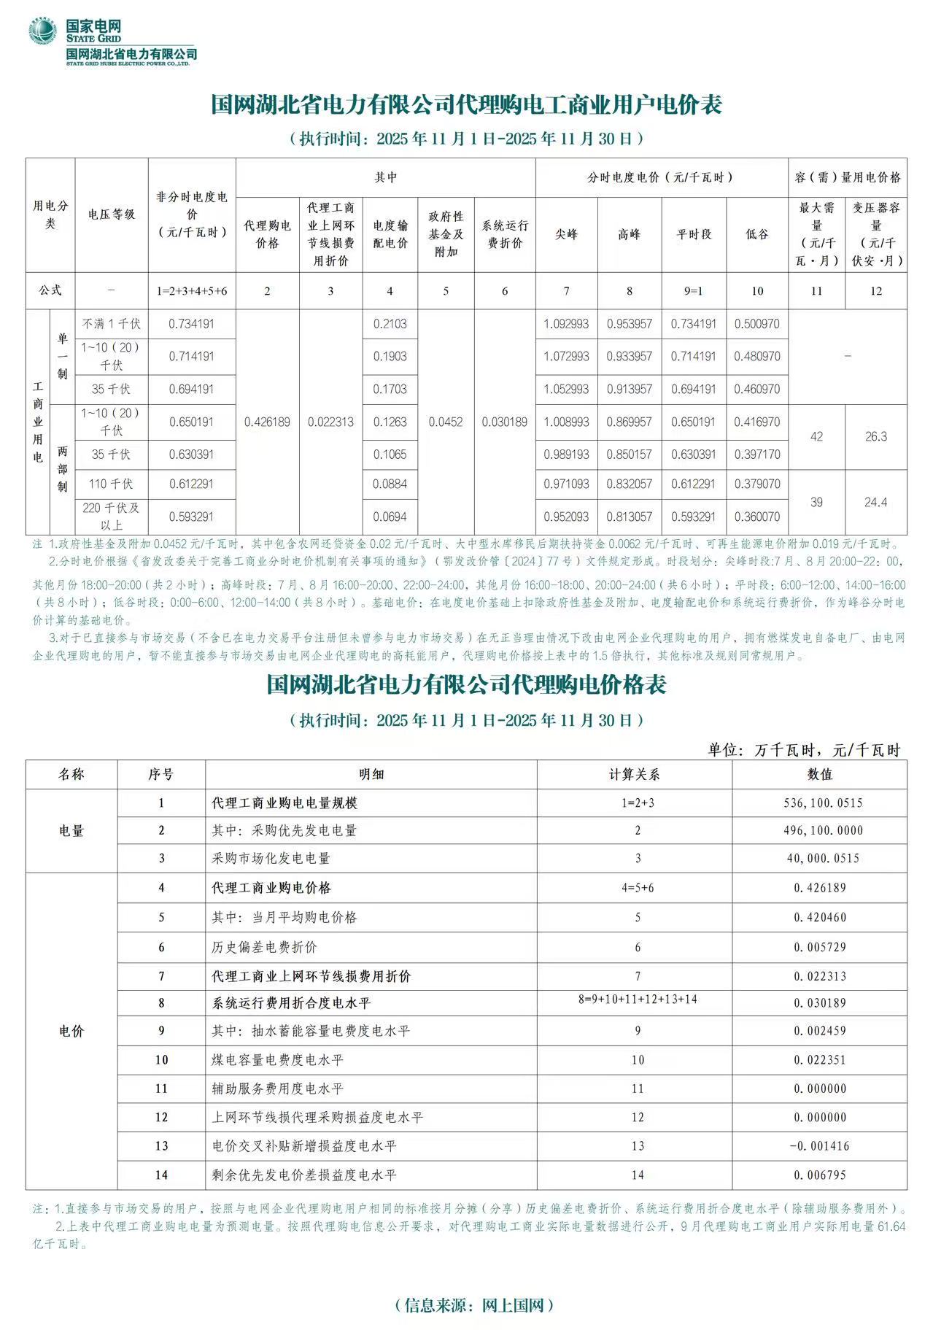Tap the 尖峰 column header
coord(566,234)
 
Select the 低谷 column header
coord(757,234)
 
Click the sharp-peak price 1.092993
coord(566,324)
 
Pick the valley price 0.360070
coord(757,517)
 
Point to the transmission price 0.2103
coord(390,324)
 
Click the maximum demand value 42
coord(816,436)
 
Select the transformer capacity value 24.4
coord(875,502)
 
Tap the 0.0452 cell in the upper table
coord(446,422)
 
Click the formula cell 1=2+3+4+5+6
coord(192,291)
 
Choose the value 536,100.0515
coord(821,803)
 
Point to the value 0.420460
coord(821,917)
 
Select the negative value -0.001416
coord(820,1146)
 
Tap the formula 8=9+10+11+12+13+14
coord(638,1000)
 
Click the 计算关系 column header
coord(635,774)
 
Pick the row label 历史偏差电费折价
coord(265,947)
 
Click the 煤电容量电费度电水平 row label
coord(277,1059)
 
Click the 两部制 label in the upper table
coord(63,469)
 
